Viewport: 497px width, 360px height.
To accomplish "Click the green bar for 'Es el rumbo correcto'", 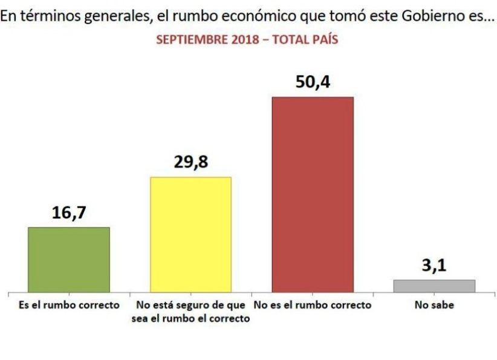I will point(69,260).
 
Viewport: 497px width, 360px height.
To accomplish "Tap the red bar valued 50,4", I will point(313,194).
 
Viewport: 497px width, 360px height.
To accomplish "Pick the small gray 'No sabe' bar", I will point(434,286).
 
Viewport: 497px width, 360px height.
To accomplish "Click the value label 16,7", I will point(69,214).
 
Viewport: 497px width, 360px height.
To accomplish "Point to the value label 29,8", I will point(190,163).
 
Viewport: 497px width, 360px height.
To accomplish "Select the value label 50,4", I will point(313,82).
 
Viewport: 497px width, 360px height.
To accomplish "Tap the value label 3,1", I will point(434,266).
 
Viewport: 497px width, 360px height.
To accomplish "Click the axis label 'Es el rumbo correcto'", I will point(69,306).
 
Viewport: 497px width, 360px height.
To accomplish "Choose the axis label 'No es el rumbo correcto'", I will point(313,306).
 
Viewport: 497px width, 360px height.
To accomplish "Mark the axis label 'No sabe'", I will point(434,306).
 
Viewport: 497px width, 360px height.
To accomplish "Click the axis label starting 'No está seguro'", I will point(190,312).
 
